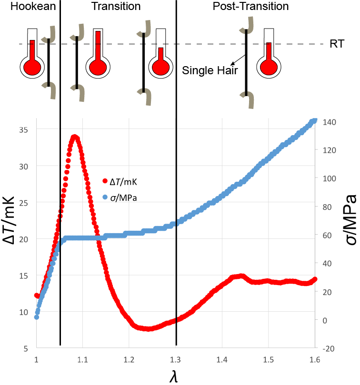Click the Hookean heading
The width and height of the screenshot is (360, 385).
point(28,7)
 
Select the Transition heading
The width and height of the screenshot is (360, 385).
point(116,7)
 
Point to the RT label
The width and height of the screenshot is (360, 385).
point(335,44)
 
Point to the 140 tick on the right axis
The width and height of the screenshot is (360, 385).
point(329,122)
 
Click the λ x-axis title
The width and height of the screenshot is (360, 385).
point(175,376)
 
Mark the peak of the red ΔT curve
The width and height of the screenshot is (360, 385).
point(74,137)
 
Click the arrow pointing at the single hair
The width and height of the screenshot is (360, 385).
point(236,60)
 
